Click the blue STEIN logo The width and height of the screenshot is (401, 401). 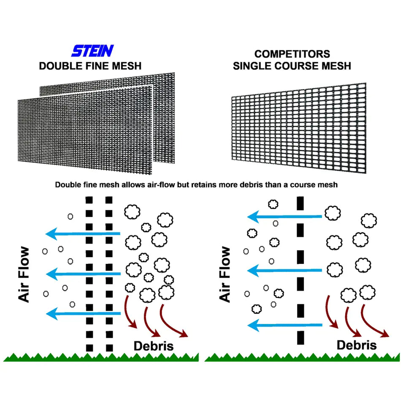(92, 51)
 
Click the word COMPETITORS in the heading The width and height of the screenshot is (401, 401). (292, 54)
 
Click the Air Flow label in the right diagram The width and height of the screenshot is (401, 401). (226, 274)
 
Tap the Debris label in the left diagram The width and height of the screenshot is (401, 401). (154, 346)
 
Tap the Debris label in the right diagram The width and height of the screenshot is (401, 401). (357, 345)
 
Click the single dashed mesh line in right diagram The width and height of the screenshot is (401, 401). (301, 270)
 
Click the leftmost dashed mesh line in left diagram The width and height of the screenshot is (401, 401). (89, 274)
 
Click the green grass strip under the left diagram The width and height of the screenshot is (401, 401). (101, 357)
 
